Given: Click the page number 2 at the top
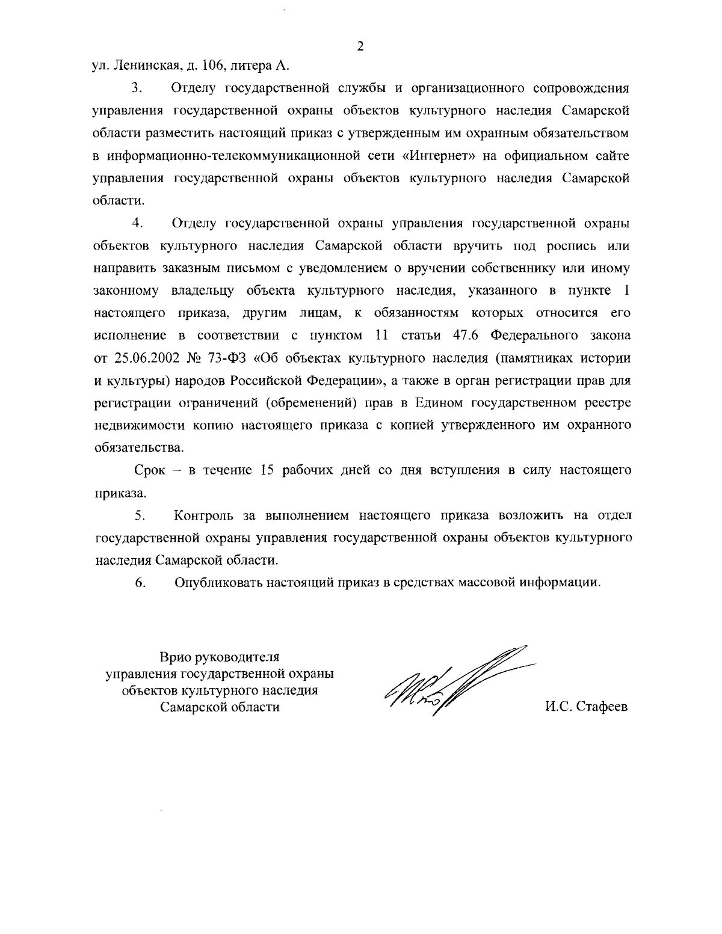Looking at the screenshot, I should (360, 46).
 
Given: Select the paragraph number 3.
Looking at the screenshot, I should (137, 88).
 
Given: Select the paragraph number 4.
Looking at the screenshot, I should (137, 224).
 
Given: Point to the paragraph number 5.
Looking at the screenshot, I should (140, 515).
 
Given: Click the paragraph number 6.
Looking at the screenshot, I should (140, 582).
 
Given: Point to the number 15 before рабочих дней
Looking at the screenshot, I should (266, 470).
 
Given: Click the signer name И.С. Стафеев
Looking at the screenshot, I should (586, 707).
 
